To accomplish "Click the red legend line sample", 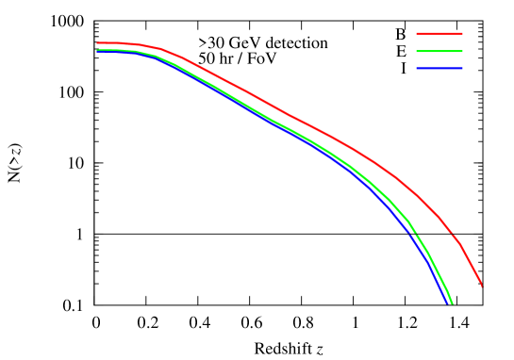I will (x=439, y=34).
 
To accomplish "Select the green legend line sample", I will (x=439, y=51).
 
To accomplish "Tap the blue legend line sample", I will (x=439, y=68).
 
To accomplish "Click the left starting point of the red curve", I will (x=97, y=43).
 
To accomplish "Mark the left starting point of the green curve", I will (x=97, y=50).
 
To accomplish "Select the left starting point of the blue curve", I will (x=97, y=53).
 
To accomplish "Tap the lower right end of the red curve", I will (x=482, y=286).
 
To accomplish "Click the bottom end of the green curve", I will (x=453, y=303).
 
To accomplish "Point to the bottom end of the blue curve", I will (x=447, y=303).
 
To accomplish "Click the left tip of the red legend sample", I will (x=417, y=34).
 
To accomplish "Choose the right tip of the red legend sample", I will (x=462, y=34).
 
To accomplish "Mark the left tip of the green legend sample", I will (x=417, y=51).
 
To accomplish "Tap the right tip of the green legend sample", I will (x=462, y=51).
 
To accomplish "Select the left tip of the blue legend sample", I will (x=417, y=68).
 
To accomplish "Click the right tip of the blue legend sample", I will (x=462, y=68).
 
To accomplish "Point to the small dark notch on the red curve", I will (x=452, y=232).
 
